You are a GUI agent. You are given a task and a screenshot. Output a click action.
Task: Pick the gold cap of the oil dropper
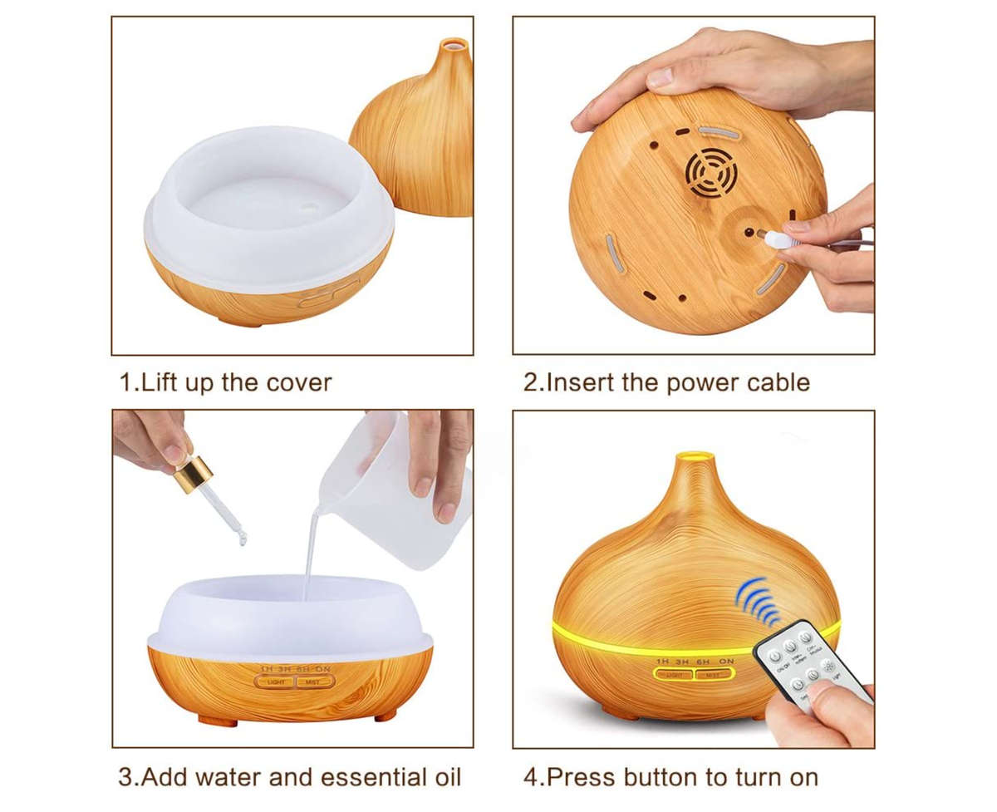[x=192, y=474]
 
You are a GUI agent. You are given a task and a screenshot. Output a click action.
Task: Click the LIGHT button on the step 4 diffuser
[x=675, y=675]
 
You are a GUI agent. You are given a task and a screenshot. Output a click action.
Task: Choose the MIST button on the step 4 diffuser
[x=714, y=675]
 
